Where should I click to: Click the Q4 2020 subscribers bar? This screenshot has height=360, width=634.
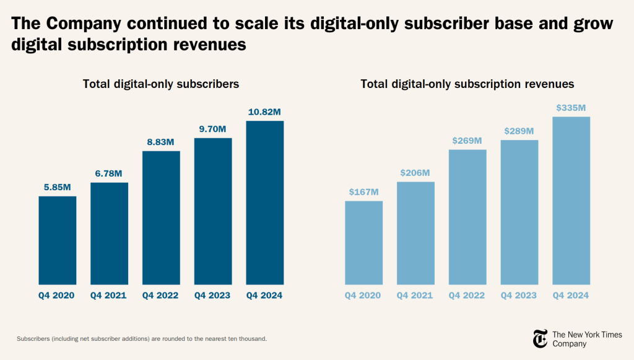click(57, 240)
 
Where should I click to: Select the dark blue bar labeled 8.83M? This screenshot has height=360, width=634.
click(161, 217)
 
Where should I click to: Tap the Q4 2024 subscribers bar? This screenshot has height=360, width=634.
click(264, 203)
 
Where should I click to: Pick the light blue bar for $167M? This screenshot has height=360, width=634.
click(363, 242)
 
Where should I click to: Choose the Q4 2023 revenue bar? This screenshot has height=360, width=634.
click(519, 212)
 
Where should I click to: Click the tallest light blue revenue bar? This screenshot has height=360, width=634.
click(571, 200)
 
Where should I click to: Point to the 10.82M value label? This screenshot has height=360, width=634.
click(264, 112)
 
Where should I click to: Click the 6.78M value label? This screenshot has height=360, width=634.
click(109, 173)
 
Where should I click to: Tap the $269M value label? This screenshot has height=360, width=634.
click(467, 141)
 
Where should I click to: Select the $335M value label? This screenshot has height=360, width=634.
click(571, 108)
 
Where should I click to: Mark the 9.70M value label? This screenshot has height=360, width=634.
click(213, 129)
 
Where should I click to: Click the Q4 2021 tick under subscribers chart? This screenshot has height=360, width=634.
click(109, 296)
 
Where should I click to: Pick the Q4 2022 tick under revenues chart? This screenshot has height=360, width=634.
click(467, 296)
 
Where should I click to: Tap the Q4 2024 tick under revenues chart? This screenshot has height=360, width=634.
click(571, 296)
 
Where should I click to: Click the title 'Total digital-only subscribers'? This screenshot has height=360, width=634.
click(161, 84)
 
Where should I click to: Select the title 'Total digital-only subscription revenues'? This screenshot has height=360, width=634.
click(467, 84)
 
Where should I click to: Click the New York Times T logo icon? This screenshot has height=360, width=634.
click(540, 338)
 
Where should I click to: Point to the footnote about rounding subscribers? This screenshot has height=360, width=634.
click(142, 339)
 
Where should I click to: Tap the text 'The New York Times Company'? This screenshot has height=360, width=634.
click(586, 339)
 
